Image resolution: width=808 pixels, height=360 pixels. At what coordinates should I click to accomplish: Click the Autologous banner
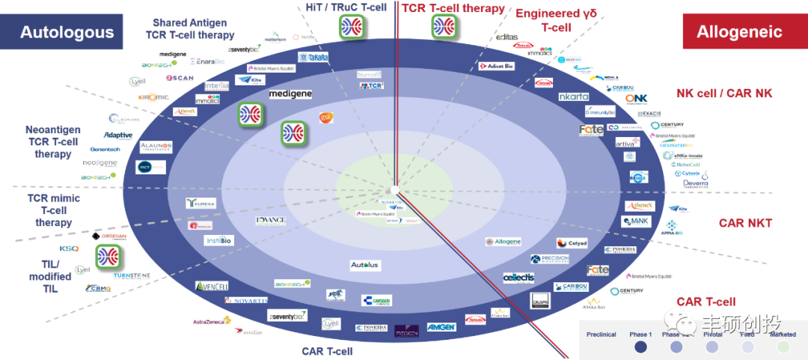pos(67,32)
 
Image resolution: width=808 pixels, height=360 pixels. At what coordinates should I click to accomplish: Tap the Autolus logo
pos(365,266)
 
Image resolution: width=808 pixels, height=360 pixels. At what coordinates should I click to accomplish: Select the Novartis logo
pos(245,301)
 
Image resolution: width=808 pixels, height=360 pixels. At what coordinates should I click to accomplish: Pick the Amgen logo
pos(441,327)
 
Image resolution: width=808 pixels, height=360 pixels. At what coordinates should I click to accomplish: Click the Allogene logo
pos(503,242)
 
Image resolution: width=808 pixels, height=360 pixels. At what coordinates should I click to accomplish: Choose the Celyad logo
pos(572,243)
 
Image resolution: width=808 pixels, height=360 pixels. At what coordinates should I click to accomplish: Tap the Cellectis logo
pos(518,277)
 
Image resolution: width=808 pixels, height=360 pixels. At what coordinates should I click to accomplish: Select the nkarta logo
pos(574,97)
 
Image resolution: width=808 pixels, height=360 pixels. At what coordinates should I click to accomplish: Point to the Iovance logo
pos(270,221)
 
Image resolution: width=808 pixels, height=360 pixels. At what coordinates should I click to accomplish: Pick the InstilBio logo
pos(221,240)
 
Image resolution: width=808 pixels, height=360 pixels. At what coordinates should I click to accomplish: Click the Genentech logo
pos(100,149)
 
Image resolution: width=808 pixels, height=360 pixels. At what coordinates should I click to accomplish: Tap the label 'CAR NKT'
pos(745,223)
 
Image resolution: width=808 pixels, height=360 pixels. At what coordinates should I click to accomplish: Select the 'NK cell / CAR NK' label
pos(723,94)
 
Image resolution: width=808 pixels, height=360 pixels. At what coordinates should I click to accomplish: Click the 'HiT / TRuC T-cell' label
pos(346,7)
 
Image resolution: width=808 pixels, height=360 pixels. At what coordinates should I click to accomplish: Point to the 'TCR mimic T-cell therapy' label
pos(54,210)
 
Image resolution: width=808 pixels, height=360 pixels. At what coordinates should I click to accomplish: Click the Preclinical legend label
pos(602,334)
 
